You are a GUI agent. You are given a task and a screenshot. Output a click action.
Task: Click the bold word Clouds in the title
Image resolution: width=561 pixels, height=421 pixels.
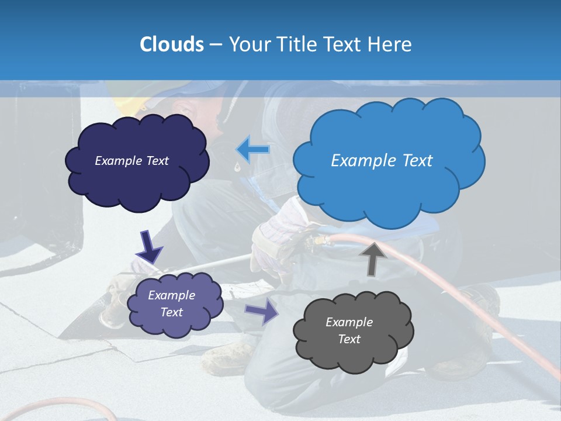[171, 44]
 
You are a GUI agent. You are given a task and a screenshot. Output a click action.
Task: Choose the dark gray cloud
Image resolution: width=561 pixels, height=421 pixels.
[354, 331]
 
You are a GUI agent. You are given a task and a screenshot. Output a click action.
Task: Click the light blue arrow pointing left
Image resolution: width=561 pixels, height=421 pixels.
[253, 150]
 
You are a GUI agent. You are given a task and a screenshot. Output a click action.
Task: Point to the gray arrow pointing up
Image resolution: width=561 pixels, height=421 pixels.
[372, 258]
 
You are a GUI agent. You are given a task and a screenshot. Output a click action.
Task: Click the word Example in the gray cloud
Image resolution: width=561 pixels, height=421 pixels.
[349, 322]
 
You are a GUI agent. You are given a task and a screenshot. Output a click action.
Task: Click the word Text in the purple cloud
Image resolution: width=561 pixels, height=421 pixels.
[172, 312]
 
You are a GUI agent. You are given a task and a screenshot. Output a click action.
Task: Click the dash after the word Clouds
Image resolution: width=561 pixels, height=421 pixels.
[215, 44]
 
